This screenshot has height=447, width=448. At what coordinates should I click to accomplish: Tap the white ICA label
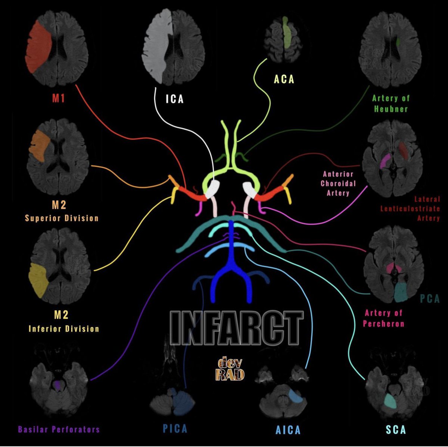pyautogui.click(x=175, y=100)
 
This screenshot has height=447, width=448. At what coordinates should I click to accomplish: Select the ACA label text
pyautogui.click(x=284, y=79)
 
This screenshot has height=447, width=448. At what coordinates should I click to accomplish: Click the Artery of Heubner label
pyautogui.click(x=391, y=103)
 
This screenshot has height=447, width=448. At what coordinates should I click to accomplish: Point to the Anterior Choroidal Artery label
pyautogui.click(x=338, y=183)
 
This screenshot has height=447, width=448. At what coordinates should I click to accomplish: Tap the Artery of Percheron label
pyautogui.click(x=384, y=318)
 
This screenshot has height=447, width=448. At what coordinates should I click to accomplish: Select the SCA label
pyautogui.click(x=396, y=430)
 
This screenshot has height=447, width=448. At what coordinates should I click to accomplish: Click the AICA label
pyautogui.click(x=288, y=430)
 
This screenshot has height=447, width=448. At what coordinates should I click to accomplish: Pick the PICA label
pyautogui.click(x=175, y=429)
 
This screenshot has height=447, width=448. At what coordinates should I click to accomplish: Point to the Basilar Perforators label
pyautogui.click(x=59, y=429)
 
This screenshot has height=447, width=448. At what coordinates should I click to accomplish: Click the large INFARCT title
pyautogui.click(x=236, y=328)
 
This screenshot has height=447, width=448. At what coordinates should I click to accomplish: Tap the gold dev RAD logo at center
pyautogui.click(x=230, y=369)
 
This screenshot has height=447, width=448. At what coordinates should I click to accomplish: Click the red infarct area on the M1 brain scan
pyautogui.click(x=38, y=47)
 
